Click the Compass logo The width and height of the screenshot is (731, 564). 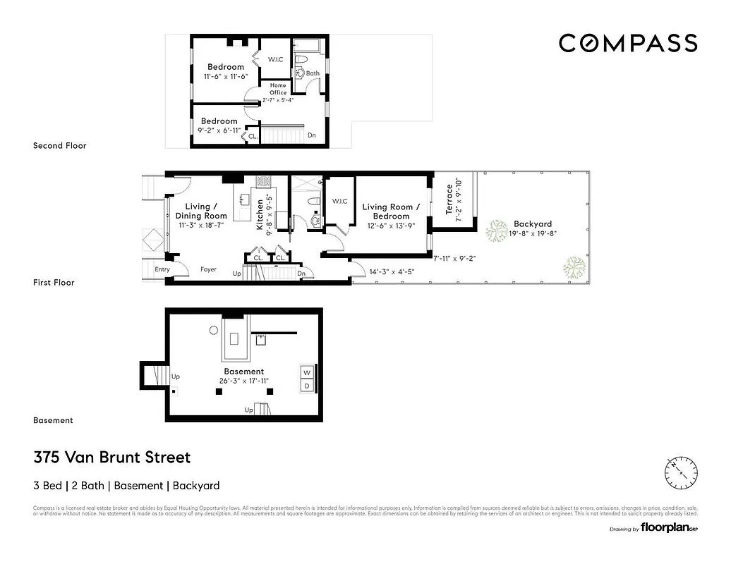(628, 43)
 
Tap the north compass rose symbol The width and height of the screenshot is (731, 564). (681, 468)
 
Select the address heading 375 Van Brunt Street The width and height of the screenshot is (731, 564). (112, 458)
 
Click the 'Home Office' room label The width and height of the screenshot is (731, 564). (278, 89)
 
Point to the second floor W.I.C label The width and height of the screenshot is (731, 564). (275, 59)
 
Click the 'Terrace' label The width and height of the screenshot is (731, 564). (449, 200)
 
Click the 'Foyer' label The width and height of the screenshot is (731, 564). (208, 269)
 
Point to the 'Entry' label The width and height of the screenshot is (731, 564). (162, 269)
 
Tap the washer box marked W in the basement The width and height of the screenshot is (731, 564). (307, 372)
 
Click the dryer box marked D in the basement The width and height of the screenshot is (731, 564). (307, 386)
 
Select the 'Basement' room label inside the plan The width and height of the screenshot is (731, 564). (243, 372)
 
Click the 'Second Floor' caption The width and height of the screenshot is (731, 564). (59, 146)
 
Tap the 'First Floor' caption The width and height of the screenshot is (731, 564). (54, 283)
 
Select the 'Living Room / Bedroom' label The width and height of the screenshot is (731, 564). (391, 211)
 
